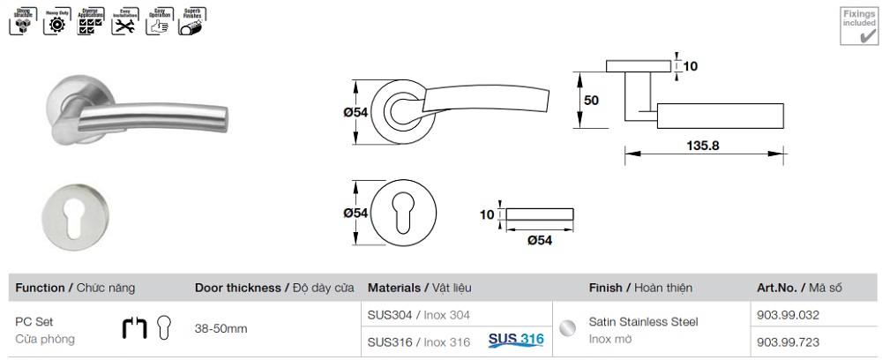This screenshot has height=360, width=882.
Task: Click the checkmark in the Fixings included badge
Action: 855,35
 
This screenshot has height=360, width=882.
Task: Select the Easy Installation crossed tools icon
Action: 122,24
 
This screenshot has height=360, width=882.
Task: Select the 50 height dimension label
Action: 591,101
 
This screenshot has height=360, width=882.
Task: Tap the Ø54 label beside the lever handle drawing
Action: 355,112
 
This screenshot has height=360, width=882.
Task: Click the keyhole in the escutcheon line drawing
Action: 404,214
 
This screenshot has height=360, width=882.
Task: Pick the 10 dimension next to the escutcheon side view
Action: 486,214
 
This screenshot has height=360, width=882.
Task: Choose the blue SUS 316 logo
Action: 516,339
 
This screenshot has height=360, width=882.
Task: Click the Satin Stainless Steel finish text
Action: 643,322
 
